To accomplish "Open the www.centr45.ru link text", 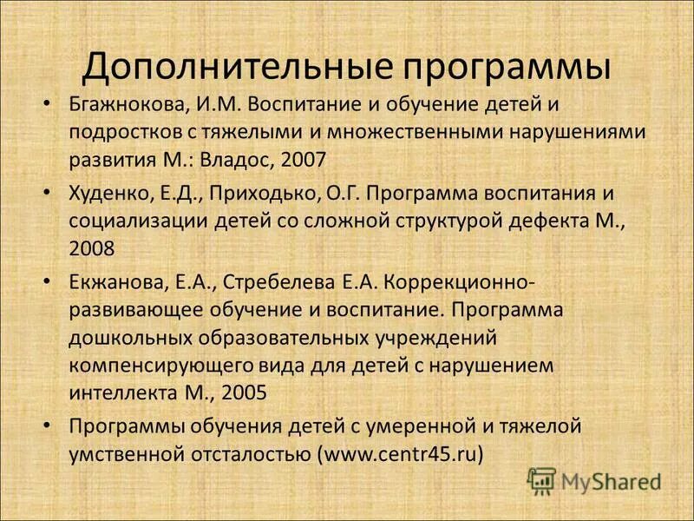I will click(x=400, y=452).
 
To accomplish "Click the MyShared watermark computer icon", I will click(x=541, y=479).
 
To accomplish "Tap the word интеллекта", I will click(x=121, y=392).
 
